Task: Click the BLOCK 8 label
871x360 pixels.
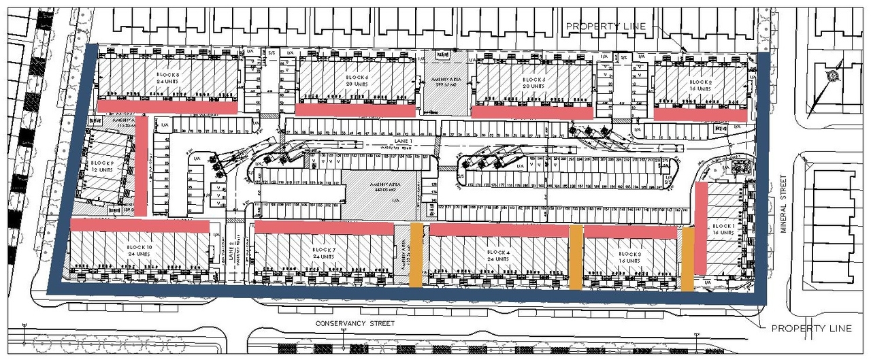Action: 167,75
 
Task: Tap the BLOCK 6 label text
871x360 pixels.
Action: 357,78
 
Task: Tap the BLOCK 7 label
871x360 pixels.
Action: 325,250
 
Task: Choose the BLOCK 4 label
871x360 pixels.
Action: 499,252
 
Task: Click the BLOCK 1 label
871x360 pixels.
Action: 723,226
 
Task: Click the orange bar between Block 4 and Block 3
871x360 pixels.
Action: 576,257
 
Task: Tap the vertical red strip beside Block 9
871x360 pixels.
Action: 142,167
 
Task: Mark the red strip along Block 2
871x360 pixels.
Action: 700,114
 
